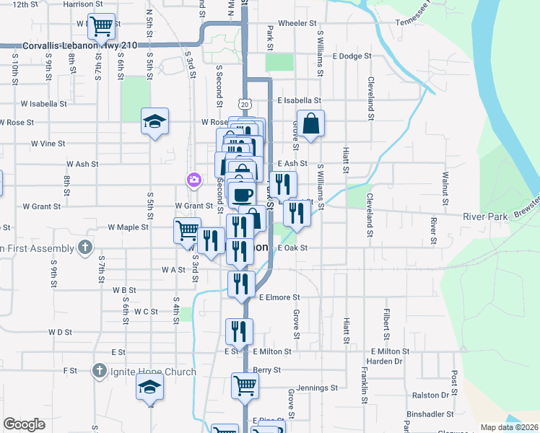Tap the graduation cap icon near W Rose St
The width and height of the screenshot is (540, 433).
[154, 121]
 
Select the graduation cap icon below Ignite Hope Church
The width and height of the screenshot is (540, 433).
[150, 388]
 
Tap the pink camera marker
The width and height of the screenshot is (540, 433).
[193, 180]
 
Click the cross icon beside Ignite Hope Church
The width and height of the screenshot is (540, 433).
[100, 372]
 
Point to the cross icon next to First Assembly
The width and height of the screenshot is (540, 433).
[85, 248]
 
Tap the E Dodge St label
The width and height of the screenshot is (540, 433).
[352, 56]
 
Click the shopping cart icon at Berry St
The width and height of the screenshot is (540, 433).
[245, 385]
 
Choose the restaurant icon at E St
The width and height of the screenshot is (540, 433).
[239, 331]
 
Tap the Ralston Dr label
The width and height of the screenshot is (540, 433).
[431, 395]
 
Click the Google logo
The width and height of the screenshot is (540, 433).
[24, 425]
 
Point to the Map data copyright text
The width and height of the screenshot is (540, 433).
[510, 427]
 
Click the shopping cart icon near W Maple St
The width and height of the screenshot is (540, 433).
[186, 231]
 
